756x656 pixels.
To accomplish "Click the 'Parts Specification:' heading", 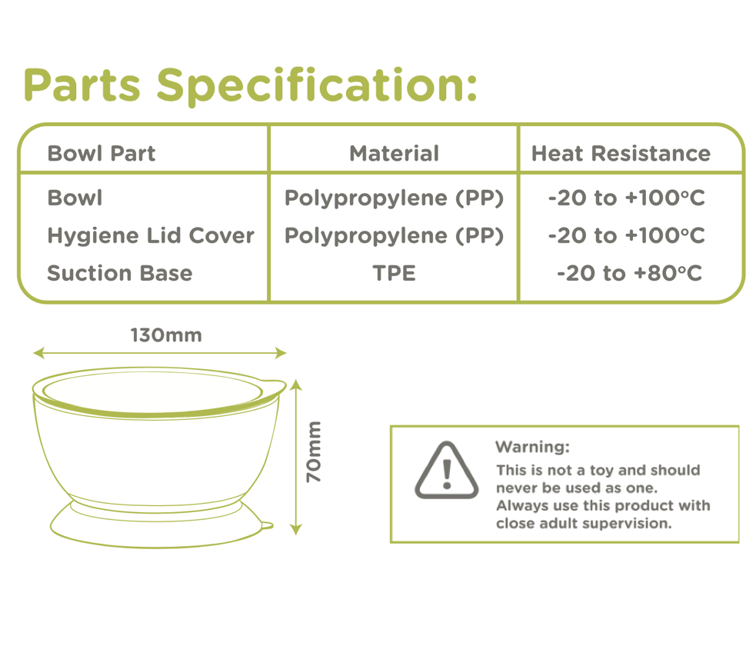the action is pos(250,85).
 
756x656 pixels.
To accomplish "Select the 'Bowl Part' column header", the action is pos(102,153).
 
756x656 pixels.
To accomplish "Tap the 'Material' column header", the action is pos(394,153).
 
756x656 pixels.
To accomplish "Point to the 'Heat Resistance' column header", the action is pos(621,153).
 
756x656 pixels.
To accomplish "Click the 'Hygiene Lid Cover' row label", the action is pos(151,235).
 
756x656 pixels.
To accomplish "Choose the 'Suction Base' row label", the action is pos(119,273).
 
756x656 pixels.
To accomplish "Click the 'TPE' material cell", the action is pos(394,273).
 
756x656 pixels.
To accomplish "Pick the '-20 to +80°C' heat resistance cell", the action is pos(629,273).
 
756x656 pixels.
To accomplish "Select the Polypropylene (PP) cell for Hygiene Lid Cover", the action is pos(394,235).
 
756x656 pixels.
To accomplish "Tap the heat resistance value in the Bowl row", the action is pos(626,198).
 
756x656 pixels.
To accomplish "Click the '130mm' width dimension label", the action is pos(166,335).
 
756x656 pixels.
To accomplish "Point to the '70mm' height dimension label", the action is pos(313,451).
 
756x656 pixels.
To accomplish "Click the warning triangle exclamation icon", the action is pos(447,471).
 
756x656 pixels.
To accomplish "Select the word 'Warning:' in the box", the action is pos(532,447).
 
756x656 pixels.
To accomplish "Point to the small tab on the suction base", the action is pos(267,525).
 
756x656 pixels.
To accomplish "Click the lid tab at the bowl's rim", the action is pos(274,387).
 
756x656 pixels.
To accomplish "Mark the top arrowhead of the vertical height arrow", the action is pos(297,385).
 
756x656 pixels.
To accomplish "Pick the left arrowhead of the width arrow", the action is pos(38,353).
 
